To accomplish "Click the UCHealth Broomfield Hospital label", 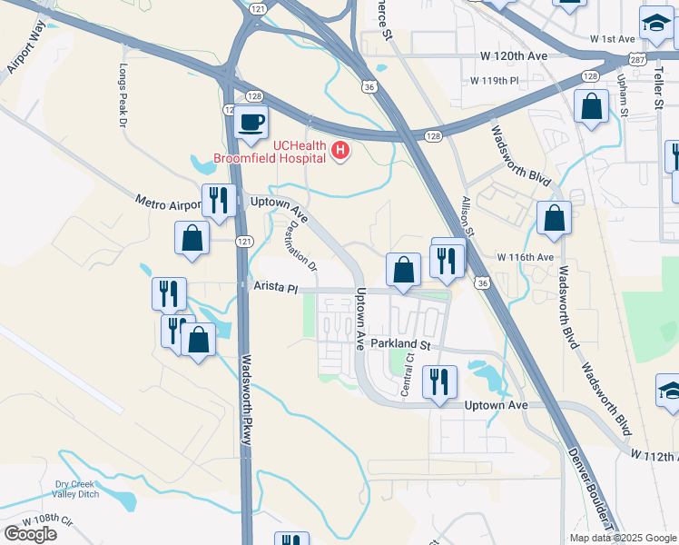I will pyautogui.click(x=270, y=151).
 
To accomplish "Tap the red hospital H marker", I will pyautogui.click(x=340, y=151).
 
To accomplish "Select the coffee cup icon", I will pyautogui.click(x=251, y=122).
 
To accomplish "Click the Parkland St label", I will pyautogui.click(x=399, y=345).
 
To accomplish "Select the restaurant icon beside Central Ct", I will pyautogui.click(x=439, y=382).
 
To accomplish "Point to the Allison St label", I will pyautogui.click(x=468, y=217).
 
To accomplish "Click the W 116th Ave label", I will pyautogui.click(x=526, y=257).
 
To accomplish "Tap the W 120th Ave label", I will pyautogui.click(x=515, y=56).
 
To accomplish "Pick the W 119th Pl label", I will pyautogui.click(x=494, y=80).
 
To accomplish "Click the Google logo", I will pyautogui.click(x=30, y=534).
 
